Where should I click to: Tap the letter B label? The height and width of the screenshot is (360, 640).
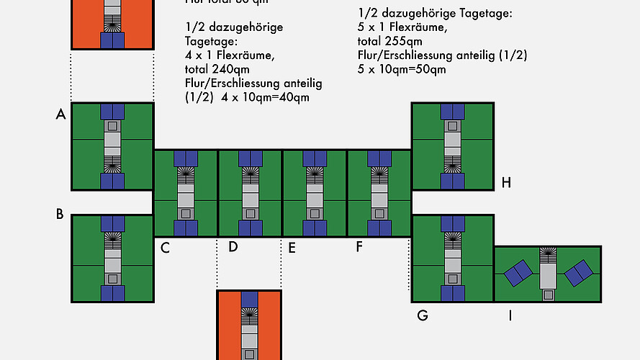coord(60,214)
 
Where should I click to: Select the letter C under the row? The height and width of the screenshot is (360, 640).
coord(165,248)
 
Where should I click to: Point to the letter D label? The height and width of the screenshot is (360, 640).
coord(233,248)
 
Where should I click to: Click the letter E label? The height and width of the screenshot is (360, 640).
coord(291,248)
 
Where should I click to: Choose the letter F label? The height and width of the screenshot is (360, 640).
coord(359,248)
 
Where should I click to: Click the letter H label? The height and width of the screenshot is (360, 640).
coord(506,183)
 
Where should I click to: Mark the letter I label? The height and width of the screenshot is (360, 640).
coord(510,315)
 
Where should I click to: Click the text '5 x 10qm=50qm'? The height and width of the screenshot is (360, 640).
coord(402,69)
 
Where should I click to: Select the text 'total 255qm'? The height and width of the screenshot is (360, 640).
coord(389,42)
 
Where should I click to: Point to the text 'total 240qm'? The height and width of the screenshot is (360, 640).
coord(216,69)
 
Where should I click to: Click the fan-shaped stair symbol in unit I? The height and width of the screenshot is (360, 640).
coord(548,253)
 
